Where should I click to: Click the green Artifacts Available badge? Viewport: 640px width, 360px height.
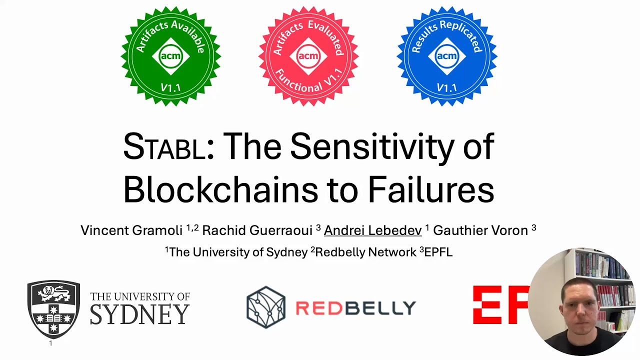pos(170,56)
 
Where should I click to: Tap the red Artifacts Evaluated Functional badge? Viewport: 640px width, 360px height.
pos(308,56)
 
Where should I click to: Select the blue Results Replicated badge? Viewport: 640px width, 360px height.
pos(446,56)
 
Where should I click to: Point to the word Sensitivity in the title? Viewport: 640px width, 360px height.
pos(371,147)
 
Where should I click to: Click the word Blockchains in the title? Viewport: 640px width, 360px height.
pos(220,189)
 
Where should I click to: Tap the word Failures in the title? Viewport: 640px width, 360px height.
pos(431,189)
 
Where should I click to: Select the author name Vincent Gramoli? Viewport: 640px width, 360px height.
pos(131,230)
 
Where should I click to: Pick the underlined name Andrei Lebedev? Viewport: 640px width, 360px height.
pos(372,230)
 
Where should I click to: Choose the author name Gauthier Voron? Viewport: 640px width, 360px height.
pos(480,230)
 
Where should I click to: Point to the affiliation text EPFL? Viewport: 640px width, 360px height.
pos(438,252)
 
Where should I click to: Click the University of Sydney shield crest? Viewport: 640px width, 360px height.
pos(53,308)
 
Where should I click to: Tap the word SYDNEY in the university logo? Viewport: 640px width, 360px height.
pos(139,314)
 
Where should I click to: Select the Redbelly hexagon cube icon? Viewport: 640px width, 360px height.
pos(266,307)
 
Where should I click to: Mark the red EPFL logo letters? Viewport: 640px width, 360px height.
pos(500,305)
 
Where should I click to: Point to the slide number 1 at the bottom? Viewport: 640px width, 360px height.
pos(50,343)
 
